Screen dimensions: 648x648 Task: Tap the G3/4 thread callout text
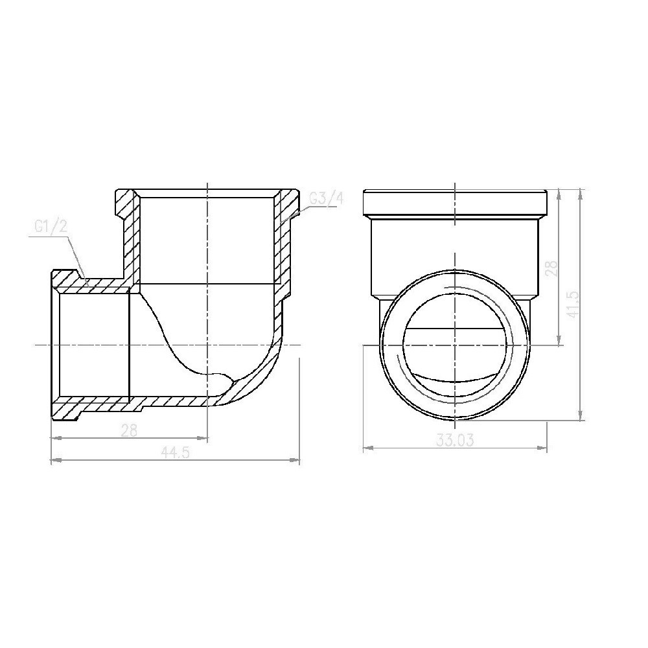click(x=325, y=199)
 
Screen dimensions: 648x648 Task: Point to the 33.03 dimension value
click(x=455, y=440)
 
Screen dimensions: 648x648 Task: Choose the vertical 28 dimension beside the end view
click(x=552, y=268)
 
